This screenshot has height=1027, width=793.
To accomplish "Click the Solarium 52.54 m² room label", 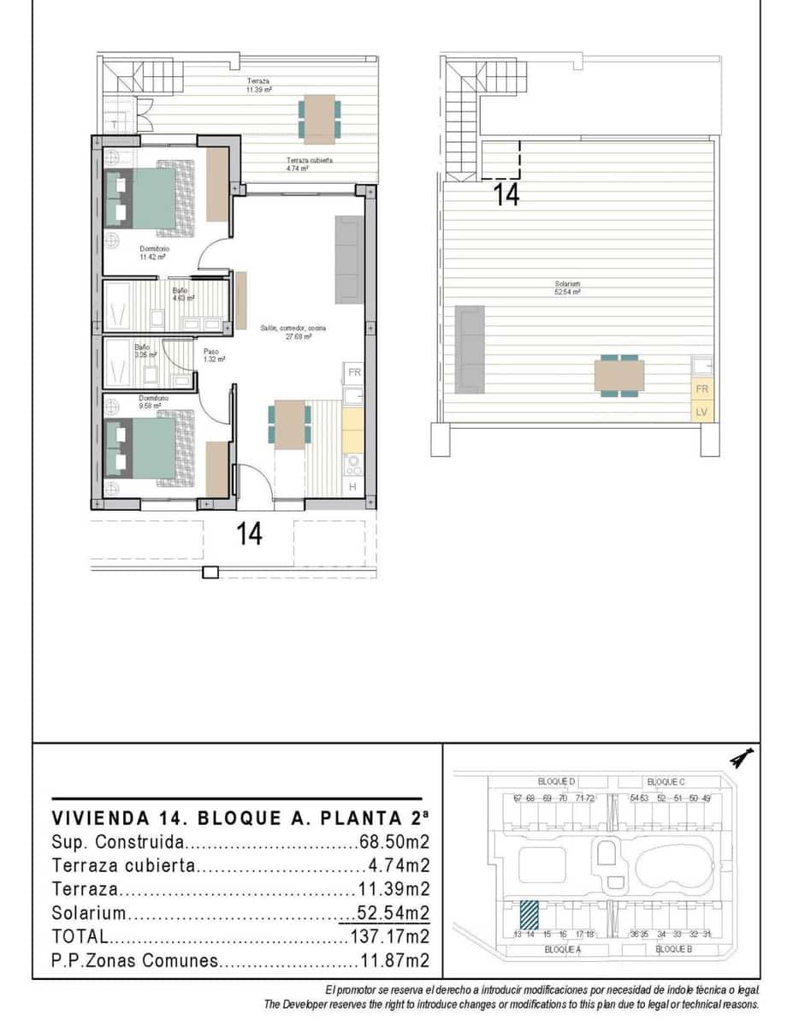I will point(567,288).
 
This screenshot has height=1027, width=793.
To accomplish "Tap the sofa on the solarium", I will point(470,348).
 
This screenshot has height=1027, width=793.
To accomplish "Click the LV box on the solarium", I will point(701,413).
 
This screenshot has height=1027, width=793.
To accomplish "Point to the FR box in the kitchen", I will point(353,373).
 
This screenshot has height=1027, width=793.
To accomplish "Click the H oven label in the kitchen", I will point(352,487).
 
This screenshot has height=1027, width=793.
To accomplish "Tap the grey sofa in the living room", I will point(349,260).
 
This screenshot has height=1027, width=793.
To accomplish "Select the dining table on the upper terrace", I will point(320,119).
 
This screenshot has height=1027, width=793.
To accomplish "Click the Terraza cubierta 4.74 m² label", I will point(309,164).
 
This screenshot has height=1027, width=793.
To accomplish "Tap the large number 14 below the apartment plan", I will point(249,534).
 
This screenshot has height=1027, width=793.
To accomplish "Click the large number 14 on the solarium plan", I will point(506,195).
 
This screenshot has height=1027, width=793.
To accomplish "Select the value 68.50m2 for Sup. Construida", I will point(394,840).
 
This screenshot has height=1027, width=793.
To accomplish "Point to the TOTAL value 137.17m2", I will point(390,936).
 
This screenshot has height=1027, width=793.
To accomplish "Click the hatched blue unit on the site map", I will point(530,914).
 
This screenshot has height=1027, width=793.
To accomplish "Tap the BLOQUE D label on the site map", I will point(557,781).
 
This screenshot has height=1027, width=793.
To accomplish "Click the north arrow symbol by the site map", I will point(740,758).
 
